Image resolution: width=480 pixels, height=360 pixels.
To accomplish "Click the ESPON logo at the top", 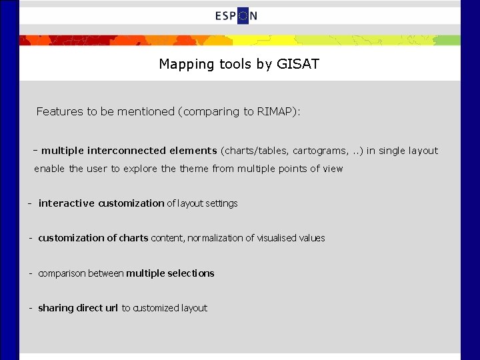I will [237, 16].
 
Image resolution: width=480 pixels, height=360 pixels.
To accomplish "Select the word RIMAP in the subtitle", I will [277, 111].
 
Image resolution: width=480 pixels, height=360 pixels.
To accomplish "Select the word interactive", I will [67, 203].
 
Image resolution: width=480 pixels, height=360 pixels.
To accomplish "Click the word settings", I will [221, 203].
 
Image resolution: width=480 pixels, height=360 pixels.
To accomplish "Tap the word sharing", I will [55, 308].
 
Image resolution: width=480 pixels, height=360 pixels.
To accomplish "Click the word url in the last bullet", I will [111, 308].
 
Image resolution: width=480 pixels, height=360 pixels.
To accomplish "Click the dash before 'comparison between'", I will [31, 273].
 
